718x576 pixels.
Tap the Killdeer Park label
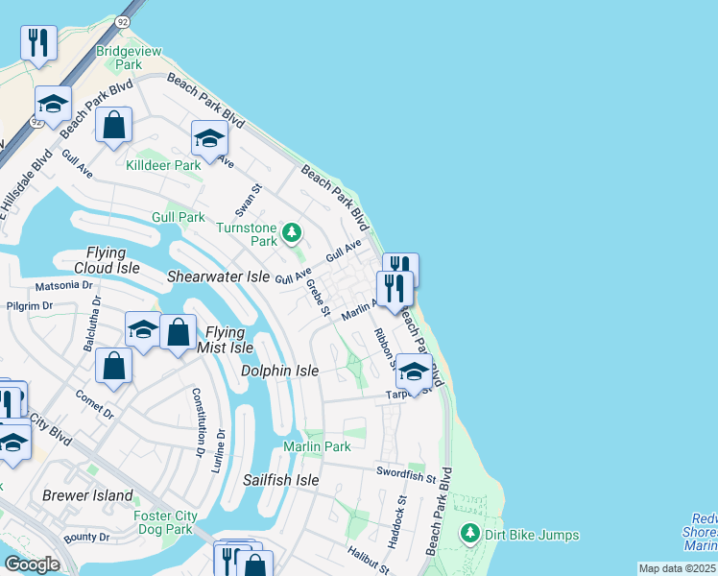[163, 165]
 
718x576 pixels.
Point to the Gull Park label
[178, 217]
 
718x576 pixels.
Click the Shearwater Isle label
[218, 276]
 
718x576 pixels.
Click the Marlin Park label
[317, 446]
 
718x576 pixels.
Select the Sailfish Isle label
[280, 480]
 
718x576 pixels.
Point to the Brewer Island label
[87, 495]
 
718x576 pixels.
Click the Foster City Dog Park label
[165, 522]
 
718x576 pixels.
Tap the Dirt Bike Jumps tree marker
[469, 533]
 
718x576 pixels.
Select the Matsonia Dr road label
[62, 285]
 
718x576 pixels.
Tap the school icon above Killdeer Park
[208, 140]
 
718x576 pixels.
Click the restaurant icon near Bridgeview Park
[38, 42]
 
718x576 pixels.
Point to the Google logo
[33, 564]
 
